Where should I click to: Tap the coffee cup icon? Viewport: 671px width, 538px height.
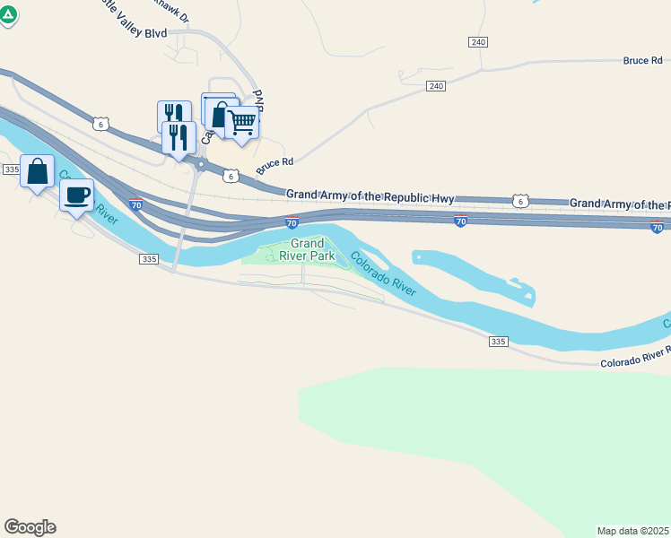(76, 195)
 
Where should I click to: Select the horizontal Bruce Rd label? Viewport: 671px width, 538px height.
(642, 61)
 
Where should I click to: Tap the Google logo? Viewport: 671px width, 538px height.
(30, 527)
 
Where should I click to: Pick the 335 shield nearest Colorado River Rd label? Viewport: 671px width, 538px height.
(500, 342)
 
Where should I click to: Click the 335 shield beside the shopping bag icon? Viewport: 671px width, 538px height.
(12, 169)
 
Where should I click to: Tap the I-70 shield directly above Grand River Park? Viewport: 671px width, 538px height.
(292, 221)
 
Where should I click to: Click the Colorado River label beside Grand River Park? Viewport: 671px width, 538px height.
(383, 274)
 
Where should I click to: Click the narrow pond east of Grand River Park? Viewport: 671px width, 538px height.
(475, 274)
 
